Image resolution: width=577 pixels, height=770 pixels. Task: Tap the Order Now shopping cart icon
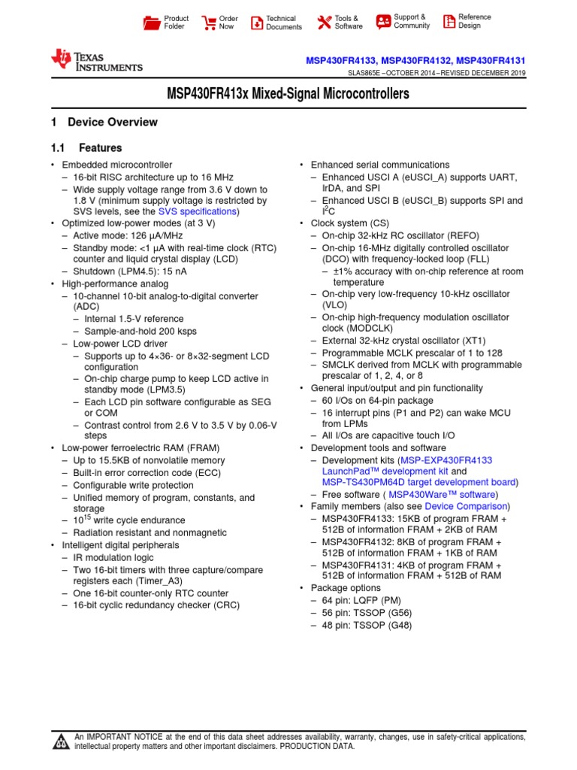tap(208, 23)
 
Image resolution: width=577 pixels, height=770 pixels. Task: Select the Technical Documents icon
tap(256, 23)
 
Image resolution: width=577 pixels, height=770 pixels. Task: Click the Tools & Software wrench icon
tap(324, 23)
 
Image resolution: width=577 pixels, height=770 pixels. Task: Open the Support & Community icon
tap(383, 21)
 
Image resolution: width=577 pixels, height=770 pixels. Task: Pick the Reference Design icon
tap(449, 21)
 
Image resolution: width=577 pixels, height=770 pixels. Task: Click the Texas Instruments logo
tap(96, 60)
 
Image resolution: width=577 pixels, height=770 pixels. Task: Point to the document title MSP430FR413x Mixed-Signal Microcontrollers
tap(288, 95)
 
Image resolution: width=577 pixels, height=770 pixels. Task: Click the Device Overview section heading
tap(112, 123)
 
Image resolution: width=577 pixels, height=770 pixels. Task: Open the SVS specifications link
tap(198, 212)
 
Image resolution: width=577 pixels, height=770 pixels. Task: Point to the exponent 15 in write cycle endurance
tap(94, 517)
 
